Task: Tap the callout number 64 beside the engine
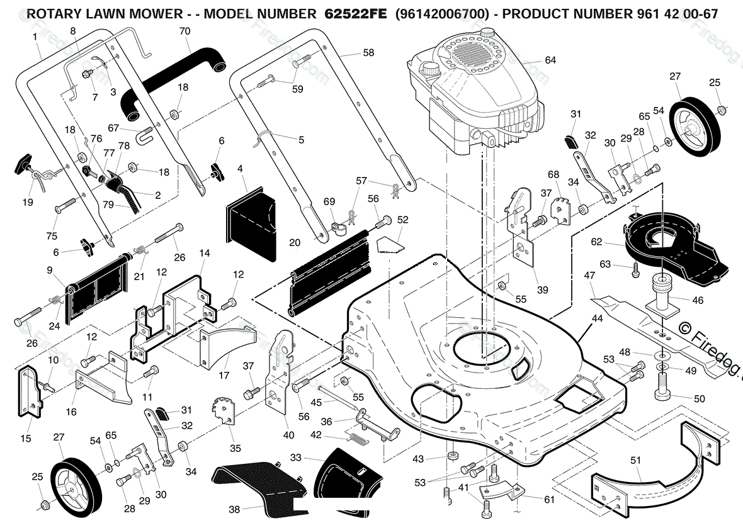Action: point(550,60)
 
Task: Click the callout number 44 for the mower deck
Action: point(597,318)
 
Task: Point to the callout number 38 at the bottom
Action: point(234,509)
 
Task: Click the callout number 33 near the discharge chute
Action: point(296,458)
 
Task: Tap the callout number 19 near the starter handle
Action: point(28,202)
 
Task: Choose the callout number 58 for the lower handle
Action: point(368,53)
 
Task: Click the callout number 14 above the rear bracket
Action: point(204,253)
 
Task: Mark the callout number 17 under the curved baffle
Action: point(224,376)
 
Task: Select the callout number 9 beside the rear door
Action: point(50,271)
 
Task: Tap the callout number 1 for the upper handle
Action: point(35,37)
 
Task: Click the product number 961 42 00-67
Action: point(674,14)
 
